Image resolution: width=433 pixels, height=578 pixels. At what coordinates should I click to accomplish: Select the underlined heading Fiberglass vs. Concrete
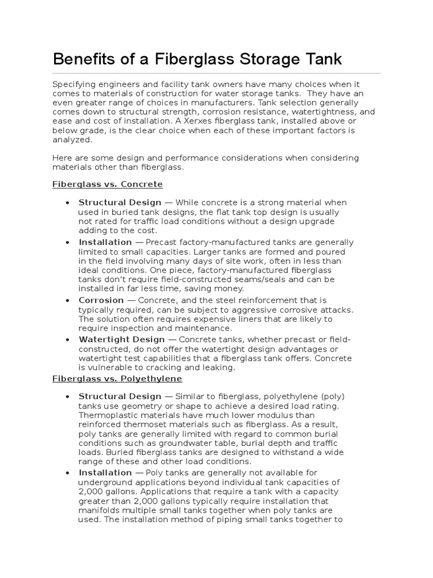(x=107, y=185)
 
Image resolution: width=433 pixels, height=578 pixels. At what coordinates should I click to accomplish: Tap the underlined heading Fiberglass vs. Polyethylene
(x=117, y=379)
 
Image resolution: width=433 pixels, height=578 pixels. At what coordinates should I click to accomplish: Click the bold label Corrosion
(x=101, y=300)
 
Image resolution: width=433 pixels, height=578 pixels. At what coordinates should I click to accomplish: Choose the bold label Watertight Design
(x=121, y=339)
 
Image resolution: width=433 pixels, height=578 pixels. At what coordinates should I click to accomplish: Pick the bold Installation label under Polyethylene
(x=105, y=472)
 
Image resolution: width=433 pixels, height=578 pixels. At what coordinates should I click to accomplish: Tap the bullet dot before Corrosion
(x=68, y=301)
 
